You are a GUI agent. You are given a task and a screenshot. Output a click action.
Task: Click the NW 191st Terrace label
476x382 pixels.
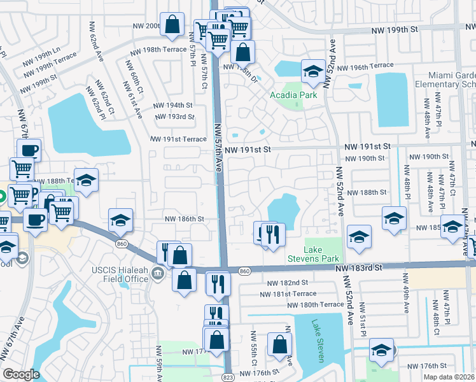(179, 139)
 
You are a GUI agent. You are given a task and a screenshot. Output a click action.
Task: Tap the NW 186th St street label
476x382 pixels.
(183, 218)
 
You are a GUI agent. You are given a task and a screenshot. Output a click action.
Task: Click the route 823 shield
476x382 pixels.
(227, 377)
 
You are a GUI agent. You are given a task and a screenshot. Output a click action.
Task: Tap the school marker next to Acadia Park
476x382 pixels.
(312, 73)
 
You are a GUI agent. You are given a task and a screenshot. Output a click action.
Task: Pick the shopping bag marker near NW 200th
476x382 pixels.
(172, 25)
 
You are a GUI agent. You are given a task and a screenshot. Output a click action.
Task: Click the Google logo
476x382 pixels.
(21, 374)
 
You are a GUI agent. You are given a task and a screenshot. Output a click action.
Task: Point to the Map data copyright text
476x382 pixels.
(452, 376)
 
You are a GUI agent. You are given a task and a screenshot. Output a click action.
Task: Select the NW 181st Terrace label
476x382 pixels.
(288, 294)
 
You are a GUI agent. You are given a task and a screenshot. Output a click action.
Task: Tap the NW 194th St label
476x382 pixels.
(175, 105)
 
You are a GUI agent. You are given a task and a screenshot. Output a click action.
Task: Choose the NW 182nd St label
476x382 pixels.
(288, 282)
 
